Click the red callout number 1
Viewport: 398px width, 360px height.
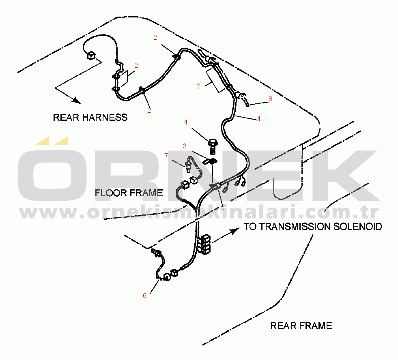click(x=259, y=119)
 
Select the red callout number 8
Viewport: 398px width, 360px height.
click(x=270, y=99)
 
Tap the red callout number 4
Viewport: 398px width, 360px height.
click(x=185, y=122)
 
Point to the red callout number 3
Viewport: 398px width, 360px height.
click(x=185, y=146)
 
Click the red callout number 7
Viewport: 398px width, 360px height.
click(x=166, y=156)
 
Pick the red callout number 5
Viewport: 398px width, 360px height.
click(x=222, y=209)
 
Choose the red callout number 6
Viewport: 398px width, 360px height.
click(x=144, y=296)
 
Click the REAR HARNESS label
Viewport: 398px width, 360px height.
click(x=90, y=118)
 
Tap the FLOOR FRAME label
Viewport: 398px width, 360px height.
click(x=129, y=193)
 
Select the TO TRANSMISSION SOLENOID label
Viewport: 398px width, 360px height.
click(x=313, y=227)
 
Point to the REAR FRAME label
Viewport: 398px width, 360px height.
click(x=301, y=326)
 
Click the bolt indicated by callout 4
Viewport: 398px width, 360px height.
click(x=212, y=146)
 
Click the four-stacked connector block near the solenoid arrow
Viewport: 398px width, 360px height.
click(x=205, y=244)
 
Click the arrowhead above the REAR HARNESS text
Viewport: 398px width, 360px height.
click(x=76, y=101)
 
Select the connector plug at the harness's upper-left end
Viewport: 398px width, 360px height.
click(x=90, y=55)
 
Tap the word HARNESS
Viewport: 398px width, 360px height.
click(x=105, y=118)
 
